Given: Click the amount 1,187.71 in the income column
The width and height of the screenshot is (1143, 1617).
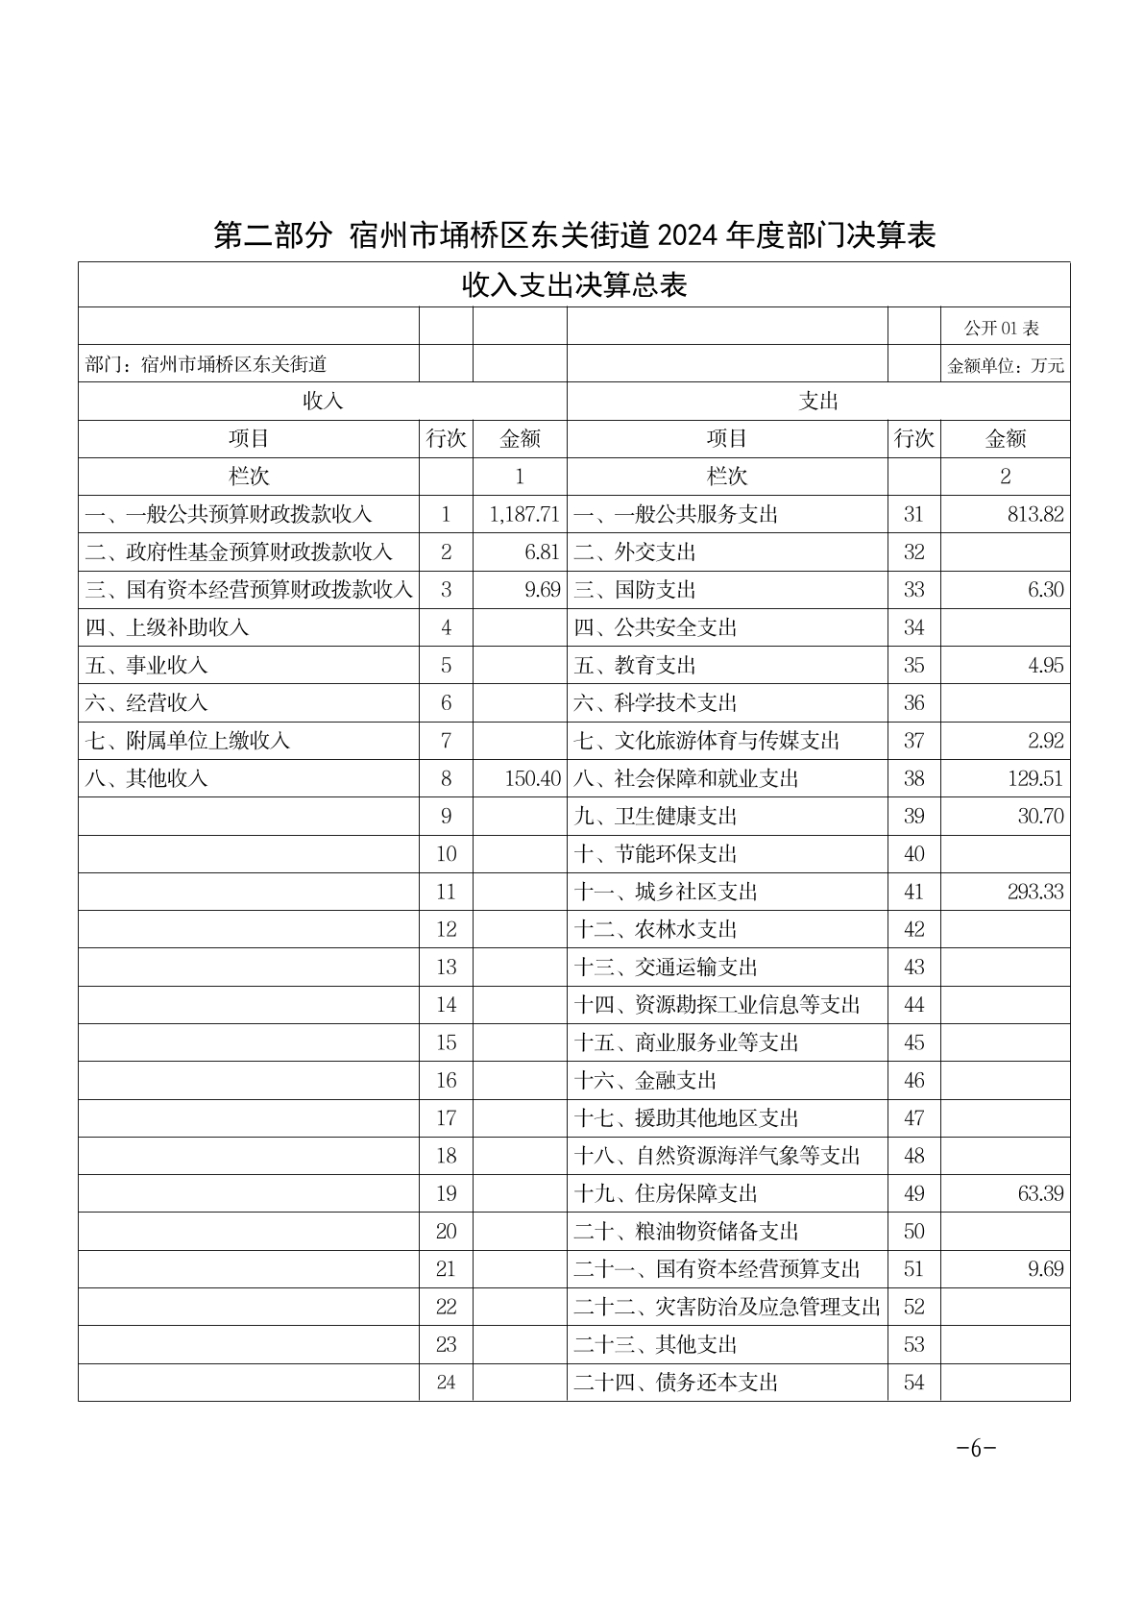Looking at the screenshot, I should tap(523, 514).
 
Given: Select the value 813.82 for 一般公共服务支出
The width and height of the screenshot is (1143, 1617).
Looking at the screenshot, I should tap(1035, 514).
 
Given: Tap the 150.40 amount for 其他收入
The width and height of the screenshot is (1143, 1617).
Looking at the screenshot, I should tap(532, 778).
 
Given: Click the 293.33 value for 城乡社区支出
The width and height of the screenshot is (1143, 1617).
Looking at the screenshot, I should tap(1035, 892).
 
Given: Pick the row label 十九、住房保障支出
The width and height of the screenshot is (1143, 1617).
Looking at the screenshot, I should tap(666, 1193).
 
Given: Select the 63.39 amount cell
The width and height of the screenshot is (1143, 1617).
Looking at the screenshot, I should tap(1040, 1193).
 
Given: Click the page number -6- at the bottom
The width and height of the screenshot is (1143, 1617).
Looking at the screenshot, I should tap(976, 1449).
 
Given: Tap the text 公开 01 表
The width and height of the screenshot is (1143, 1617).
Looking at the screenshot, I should tap(1002, 328).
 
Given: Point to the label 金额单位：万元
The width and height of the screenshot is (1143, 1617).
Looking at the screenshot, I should tap(1006, 366).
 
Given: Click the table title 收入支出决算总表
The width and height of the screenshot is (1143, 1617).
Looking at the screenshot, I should tap(574, 285).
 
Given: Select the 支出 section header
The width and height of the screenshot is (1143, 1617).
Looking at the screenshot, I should tap(818, 402).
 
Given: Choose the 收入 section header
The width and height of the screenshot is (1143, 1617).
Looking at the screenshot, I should tap(323, 402).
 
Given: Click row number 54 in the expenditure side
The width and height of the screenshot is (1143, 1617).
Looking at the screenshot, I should tap(913, 1382).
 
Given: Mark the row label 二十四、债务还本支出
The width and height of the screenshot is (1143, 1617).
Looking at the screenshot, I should tap(676, 1382).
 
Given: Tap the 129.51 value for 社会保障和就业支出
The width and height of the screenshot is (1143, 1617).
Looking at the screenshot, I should tap(1035, 778).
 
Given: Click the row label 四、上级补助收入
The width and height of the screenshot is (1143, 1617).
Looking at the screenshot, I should tap(167, 627).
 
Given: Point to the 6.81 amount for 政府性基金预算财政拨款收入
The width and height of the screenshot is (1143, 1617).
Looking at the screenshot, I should tap(543, 551).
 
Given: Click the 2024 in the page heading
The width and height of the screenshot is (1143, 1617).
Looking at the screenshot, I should tap(690, 235).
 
